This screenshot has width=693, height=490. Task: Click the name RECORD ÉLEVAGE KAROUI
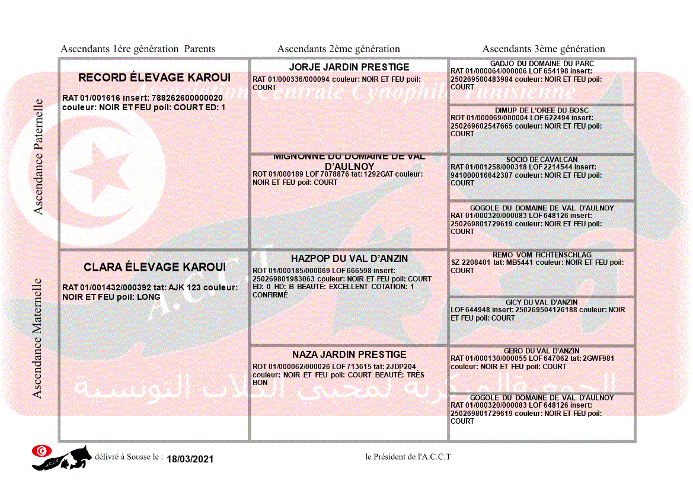pos(154,78)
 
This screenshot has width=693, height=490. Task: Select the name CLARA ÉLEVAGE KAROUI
pos(154,267)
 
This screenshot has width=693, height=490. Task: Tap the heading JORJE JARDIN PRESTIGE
pos(349,67)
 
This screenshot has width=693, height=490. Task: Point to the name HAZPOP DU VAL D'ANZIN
pos(349,258)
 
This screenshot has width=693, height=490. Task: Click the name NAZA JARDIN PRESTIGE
pos(349,354)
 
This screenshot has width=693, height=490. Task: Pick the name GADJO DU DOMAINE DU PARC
pos(542,63)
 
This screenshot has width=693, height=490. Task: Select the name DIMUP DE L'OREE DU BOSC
pos(542,110)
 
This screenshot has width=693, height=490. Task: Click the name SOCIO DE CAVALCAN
pos(542,159)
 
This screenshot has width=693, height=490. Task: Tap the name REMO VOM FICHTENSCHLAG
pos(542,255)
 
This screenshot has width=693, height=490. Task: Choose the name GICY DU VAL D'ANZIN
pos(542,302)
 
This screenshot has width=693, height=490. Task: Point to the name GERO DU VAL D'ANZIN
pos(542,351)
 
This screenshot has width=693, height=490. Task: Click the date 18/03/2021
pos(190,459)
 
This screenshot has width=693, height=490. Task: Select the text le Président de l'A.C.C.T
pos(408,456)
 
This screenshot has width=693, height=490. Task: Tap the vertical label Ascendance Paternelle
pos(39,156)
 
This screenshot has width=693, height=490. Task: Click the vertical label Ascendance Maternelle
pos(38,338)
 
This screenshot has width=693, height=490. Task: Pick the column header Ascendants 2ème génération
pos(338,49)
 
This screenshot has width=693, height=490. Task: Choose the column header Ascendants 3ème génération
pos(544,49)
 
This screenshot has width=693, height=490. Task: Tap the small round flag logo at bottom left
pos(41,451)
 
